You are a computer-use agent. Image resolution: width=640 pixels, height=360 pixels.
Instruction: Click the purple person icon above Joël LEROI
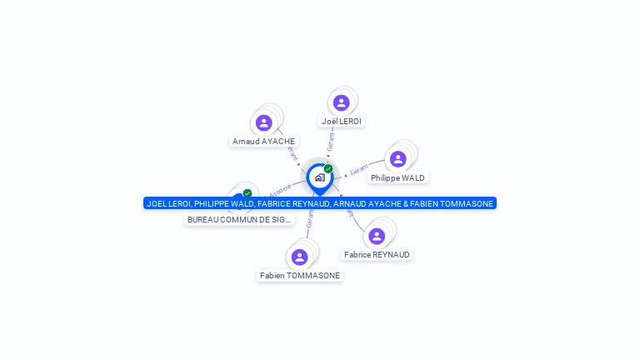(341, 103)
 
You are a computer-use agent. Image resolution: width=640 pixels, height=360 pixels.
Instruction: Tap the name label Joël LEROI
(342, 122)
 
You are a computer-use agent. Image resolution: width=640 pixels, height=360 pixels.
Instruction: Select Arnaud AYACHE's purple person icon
(264, 123)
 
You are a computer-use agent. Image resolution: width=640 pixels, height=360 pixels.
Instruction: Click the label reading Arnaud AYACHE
(264, 142)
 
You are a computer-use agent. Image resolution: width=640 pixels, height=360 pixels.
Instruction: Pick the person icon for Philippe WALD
(398, 159)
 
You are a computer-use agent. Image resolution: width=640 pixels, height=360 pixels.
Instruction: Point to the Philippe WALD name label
(397, 178)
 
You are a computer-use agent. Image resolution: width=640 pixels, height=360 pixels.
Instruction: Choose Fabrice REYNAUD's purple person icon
(377, 237)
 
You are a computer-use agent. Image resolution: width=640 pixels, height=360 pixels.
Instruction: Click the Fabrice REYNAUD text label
(377, 255)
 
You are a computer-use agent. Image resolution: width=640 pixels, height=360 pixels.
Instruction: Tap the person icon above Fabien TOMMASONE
(300, 257)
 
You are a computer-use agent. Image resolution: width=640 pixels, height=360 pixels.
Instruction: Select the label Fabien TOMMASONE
(300, 276)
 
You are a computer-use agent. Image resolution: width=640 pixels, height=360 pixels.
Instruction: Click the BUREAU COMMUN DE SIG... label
(239, 220)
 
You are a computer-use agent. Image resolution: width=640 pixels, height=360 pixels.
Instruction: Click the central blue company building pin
(319, 177)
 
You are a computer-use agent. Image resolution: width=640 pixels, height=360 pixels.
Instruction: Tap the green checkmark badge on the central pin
(328, 169)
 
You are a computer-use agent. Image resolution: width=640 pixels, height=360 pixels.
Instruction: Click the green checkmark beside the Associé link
(247, 193)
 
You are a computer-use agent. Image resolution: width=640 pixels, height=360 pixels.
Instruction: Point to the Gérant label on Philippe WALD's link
(359, 170)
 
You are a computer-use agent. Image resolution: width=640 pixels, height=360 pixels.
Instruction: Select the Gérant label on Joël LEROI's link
(331, 142)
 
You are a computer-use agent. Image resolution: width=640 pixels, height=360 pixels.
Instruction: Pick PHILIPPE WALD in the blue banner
(223, 203)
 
